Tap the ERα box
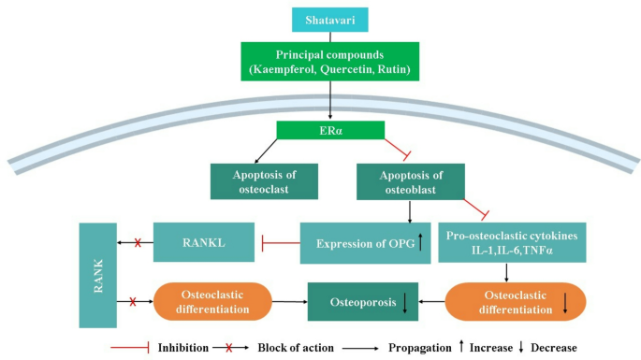pos(331,130)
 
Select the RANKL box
pos(205,242)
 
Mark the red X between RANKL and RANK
pos(138,242)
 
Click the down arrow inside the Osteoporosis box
pos(405,302)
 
